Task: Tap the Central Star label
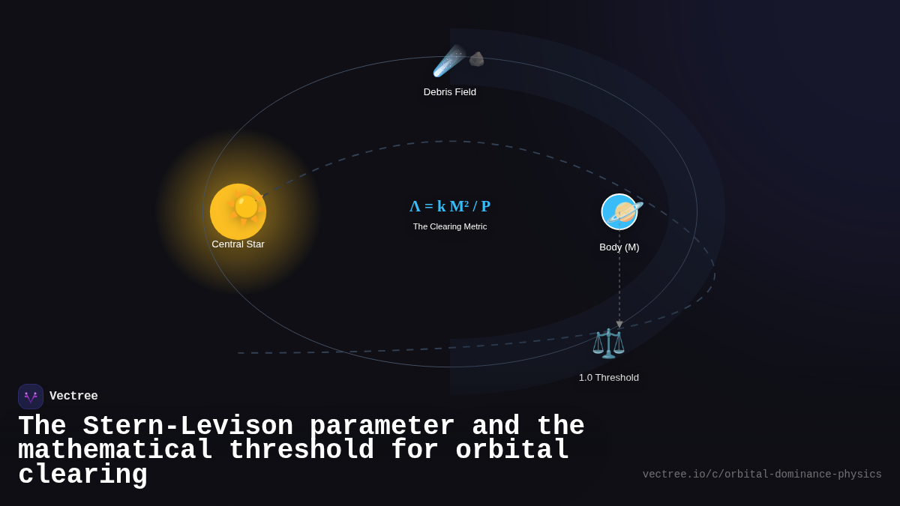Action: (238, 244)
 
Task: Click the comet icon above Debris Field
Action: (449, 61)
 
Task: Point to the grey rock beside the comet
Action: (477, 59)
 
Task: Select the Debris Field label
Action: (450, 92)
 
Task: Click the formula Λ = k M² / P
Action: (450, 206)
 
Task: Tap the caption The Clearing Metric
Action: (450, 226)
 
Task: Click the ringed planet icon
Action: (620, 212)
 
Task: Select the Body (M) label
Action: (619, 247)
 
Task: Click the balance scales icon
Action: (608, 343)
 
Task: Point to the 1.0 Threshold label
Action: (609, 378)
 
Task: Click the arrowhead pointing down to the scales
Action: (619, 325)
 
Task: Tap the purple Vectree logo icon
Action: (31, 397)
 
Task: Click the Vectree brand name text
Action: (73, 397)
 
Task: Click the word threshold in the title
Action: (301, 451)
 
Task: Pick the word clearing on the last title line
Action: (82, 475)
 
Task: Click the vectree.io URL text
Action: (762, 475)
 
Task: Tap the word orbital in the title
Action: (513, 451)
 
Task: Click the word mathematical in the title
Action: (115, 451)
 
